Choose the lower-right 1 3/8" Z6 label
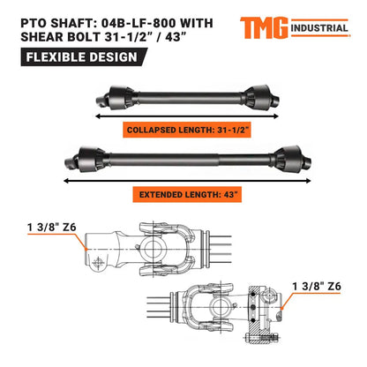pyautogui.click(x=318, y=285)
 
